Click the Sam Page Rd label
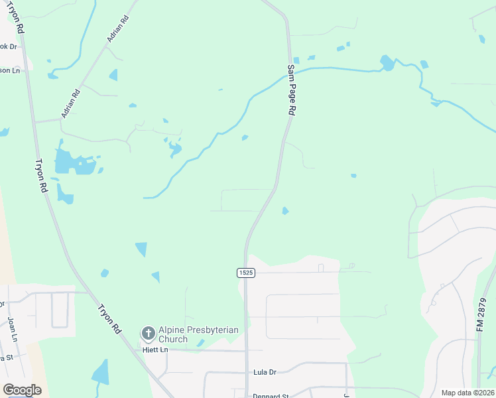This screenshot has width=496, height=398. tap(290, 90)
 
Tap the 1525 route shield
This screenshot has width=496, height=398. tap(245, 273)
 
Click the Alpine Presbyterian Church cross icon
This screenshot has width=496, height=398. tap(148, 333)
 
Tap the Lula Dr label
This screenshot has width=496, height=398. tap(264, 373)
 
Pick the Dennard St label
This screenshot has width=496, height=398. tap(271, 396)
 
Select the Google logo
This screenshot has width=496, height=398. tap(22, 389)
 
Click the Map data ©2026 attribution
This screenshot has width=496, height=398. tap(467, 393)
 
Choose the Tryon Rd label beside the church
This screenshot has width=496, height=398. tap(110, 319)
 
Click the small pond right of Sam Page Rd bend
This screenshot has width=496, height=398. tap(285, 211)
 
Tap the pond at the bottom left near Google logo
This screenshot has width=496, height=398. tap(101, 373)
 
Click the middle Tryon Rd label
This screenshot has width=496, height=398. tap(41, 176)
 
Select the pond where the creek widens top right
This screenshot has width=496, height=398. tap(387, 63)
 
